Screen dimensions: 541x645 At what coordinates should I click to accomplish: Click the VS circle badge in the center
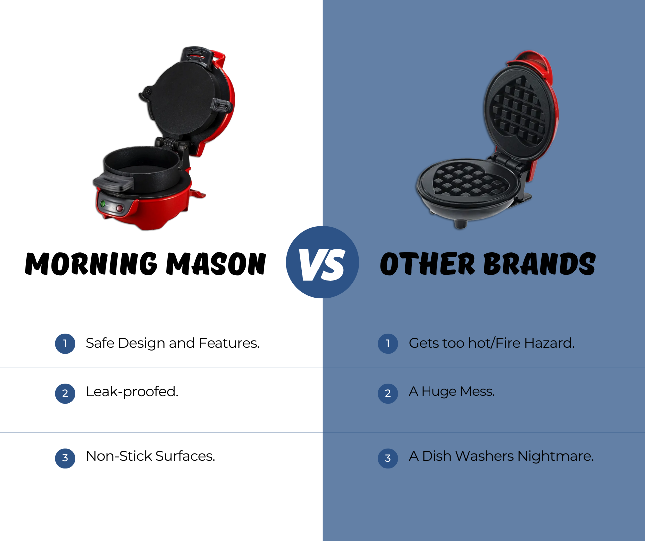(x=322, y=263)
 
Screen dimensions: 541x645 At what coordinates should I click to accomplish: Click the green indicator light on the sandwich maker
(x=103, y=204)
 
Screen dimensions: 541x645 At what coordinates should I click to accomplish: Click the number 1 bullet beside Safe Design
(x=65, y=343)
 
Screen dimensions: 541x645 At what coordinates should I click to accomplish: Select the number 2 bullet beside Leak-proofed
(x=65, y=393)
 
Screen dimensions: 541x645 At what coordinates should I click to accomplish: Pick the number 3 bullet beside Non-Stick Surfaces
(x=65, y=458)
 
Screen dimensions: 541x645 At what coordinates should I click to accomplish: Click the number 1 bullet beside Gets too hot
(x=388, y=343)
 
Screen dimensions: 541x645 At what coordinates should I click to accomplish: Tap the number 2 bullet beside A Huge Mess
(x=388, y=393)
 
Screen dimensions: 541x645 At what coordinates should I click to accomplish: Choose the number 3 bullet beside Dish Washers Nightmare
(x=388, y=458)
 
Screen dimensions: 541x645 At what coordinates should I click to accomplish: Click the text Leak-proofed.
(x=132, y=392)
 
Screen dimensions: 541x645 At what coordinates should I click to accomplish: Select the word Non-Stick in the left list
(x=119, y=456)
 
